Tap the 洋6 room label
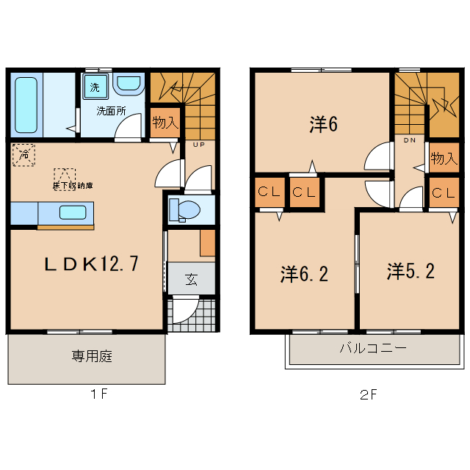pos(323,125)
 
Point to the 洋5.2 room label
pos(411,272)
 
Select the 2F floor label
pos(369,394)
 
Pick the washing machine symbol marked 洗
pos(95,87)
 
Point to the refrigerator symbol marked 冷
pos(23,154)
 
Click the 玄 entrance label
pos(191,279)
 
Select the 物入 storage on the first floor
pos(165,122)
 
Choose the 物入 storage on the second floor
pos(443,158)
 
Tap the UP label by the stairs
pos(198,145)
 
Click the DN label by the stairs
pos(410,140)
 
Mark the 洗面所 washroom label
pos(112,112)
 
